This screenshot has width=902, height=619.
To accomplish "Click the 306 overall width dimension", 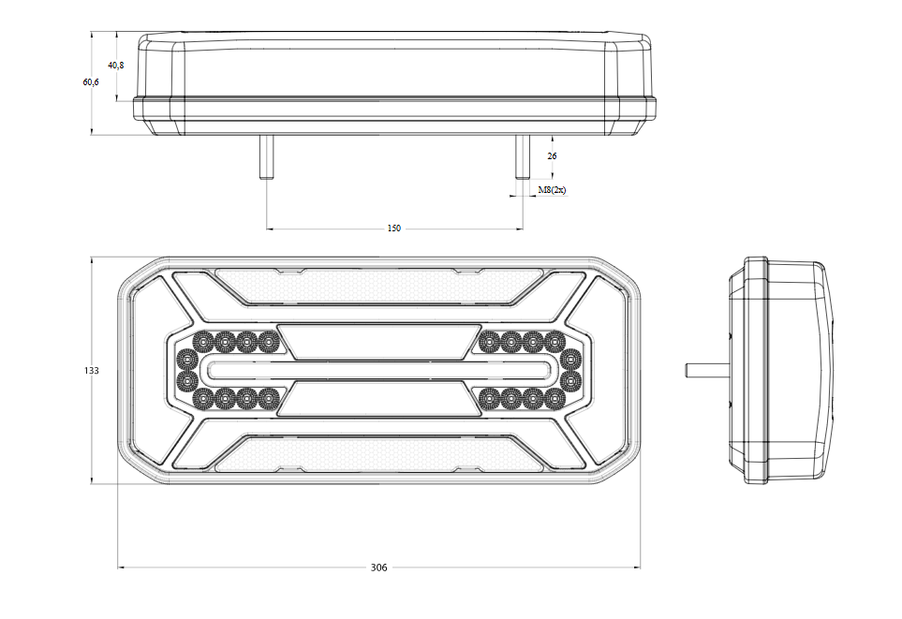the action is pyautogui.click(x=378, y=567).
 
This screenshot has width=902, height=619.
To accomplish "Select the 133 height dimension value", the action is pyautogui.click(x=92, y=371).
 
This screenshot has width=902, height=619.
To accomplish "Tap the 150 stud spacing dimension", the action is pyautogui.click(x=393, y=228).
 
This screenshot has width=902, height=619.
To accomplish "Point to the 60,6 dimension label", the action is pyautogui.click(x=90, y=82).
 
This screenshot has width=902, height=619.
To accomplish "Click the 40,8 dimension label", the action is pyautogui.click(x=115, y=65).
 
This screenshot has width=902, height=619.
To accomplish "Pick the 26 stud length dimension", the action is pyautogui.click(x=553, y=155).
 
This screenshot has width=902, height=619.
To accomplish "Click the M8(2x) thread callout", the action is pyautogui.click(x=553, y=190).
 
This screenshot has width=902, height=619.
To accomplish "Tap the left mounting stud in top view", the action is pyautogui.click(x=266, y=157).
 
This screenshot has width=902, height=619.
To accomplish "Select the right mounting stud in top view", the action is pyautogui.click(x=523, y=157).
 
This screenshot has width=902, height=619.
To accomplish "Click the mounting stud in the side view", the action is pyautogui.click(x=707, y=370).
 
